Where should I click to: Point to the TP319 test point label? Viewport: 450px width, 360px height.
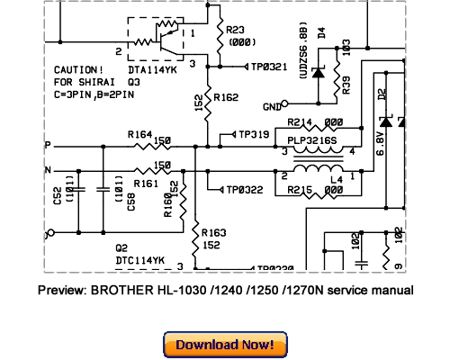coord(256,134)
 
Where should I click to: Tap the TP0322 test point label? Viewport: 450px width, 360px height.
coord(246,190)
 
